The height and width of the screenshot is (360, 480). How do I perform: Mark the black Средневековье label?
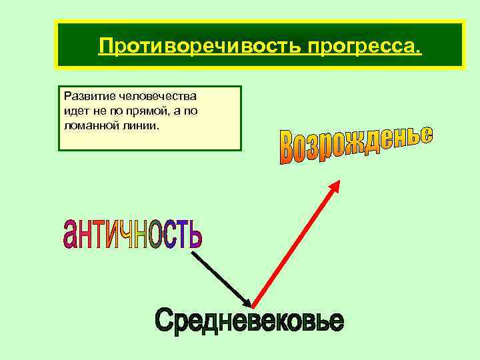tap(249, 322)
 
